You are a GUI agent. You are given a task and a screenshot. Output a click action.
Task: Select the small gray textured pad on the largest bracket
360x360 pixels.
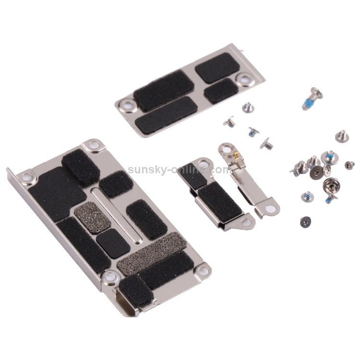[x=93, y=217]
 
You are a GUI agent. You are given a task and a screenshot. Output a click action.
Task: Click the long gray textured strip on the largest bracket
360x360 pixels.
[x=151, y=253]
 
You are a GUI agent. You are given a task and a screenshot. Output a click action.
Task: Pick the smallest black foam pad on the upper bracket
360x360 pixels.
[x=221, y=90]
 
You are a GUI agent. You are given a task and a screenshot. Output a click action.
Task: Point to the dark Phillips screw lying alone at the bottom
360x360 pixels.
[x=305, y=222]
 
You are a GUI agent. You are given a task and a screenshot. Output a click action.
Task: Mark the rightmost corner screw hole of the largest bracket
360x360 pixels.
[x=203, y=271]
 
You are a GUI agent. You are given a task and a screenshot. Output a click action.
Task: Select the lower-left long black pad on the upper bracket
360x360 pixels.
[x=166, y=115]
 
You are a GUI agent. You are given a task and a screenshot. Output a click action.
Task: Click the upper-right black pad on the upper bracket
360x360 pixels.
[x=217, y=67]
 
